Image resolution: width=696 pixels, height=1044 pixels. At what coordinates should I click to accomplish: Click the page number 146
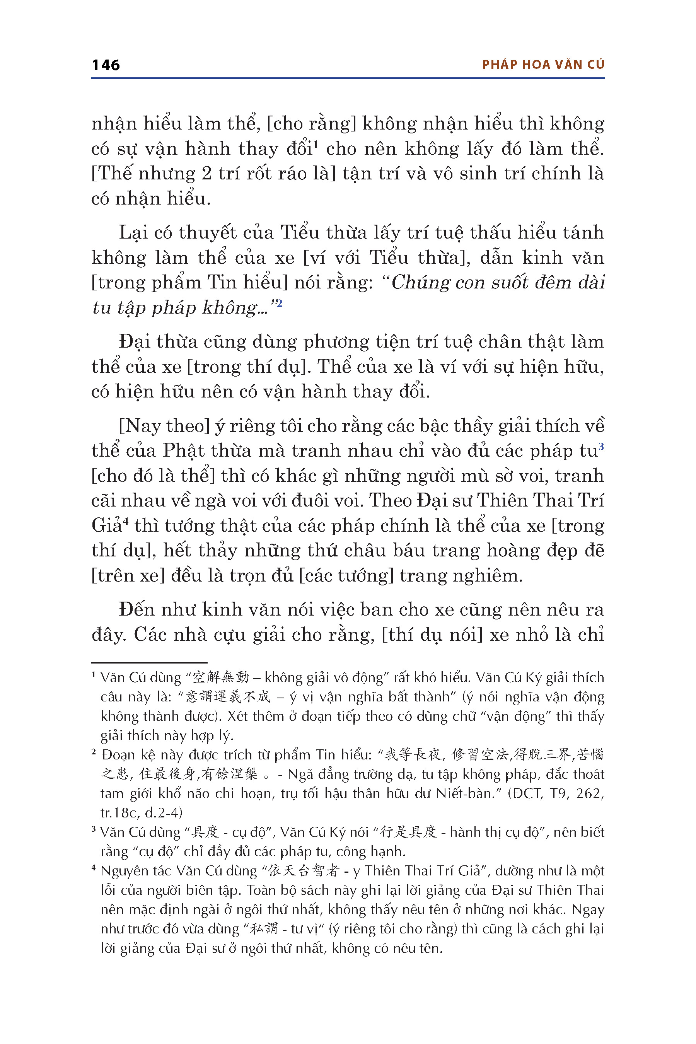(x=106, y=65)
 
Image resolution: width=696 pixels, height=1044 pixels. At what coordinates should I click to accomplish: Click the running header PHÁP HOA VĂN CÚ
(x=543, y=65)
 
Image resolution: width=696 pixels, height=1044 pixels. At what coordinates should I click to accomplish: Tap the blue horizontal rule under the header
(x=348, y=78)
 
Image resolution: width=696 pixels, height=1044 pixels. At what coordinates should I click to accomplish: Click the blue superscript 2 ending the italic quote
(x=279, y=303)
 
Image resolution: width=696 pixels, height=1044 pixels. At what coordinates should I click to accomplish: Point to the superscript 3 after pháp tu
(x=601, y=445)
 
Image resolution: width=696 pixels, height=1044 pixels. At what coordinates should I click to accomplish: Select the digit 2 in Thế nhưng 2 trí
(x=206, y=174)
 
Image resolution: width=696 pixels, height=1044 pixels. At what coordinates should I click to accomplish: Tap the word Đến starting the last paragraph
(x=135, y=609)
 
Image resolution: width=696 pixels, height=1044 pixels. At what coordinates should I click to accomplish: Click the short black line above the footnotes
(x=149, y=662)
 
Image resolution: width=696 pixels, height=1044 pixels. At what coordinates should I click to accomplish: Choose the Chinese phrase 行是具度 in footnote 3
(x=409, y=832)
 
